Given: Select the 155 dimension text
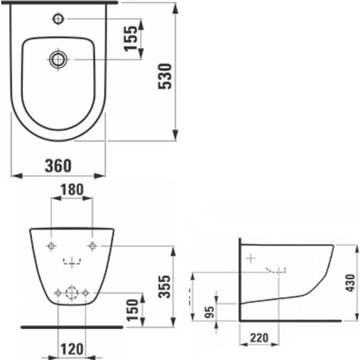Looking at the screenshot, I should (x=131, y=38).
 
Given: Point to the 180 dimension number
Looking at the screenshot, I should (x=72, y=189).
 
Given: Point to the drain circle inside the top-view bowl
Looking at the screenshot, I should (x=57, y=59).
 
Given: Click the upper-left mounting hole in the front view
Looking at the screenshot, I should (x=51, y=246).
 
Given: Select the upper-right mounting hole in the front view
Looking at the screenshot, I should (x=93, y=246).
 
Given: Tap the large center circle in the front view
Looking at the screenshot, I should (x=72, y=292).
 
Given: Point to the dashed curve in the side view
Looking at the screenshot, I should (x=276, y=271).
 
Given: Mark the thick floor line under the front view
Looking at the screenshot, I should (x=72, y=325).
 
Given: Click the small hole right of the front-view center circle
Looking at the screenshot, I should (x=86, y=292).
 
